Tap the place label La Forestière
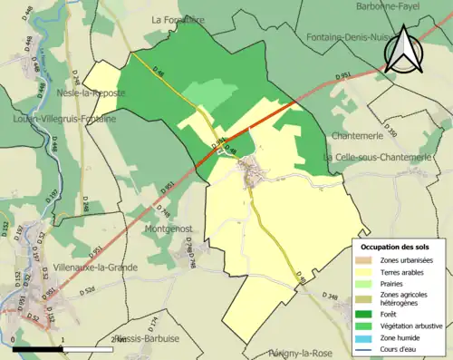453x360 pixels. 179,19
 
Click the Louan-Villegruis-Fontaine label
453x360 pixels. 64,119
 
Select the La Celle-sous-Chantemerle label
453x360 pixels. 377,157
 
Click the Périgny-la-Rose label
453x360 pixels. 303,350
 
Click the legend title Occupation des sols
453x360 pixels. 397,246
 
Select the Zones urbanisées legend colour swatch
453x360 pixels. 367,260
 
